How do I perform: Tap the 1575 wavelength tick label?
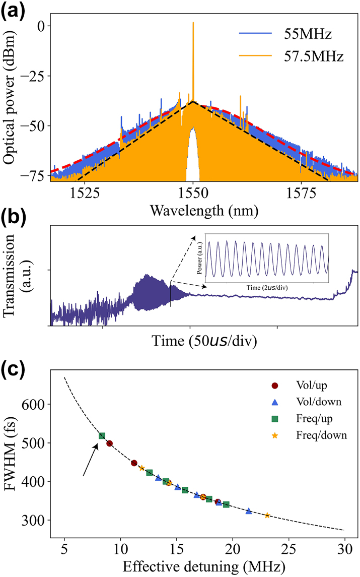[x=301, y=192]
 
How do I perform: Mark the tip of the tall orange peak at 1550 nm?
[x=193, y=23]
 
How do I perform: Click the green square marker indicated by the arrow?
[x=102, y=436]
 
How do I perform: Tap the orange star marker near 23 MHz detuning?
[x=267, y=515]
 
